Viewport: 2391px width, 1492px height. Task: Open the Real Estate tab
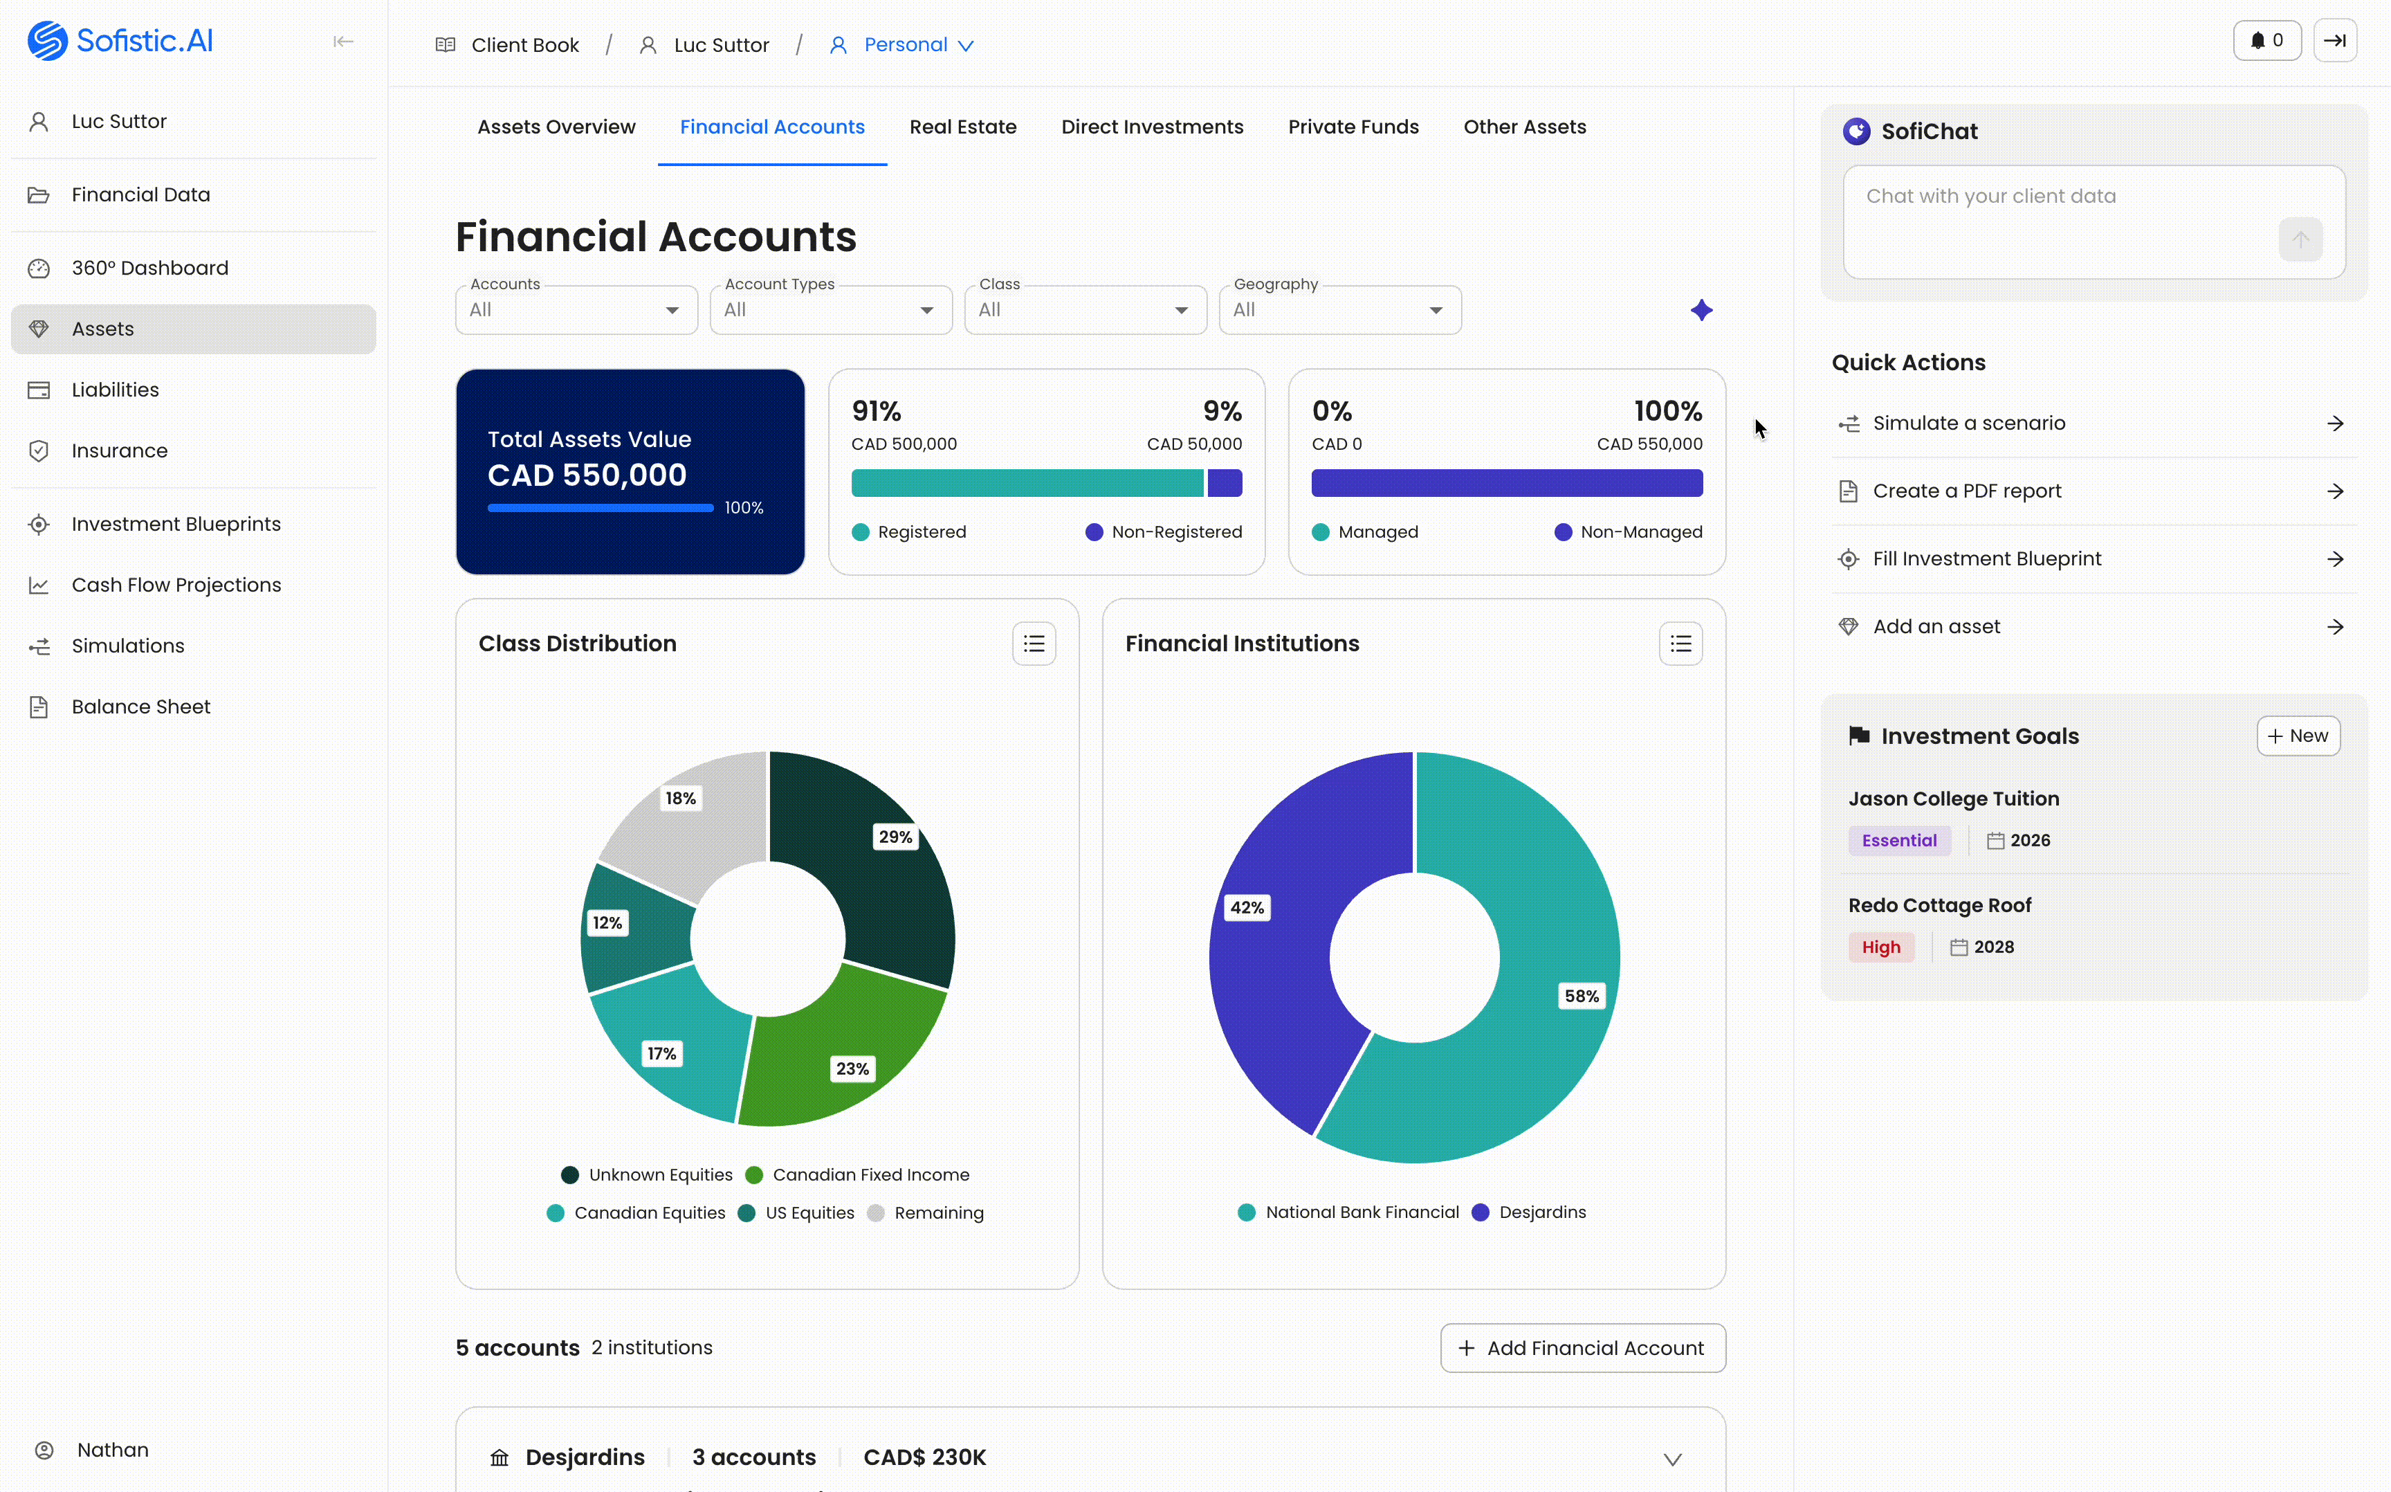point(963,127)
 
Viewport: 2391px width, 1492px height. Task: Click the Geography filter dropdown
point(1339,310)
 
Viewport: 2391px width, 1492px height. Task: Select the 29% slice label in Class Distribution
point(895,837)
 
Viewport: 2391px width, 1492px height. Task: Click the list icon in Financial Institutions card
point(1680,644)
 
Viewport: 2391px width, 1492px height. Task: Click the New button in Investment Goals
point(2298,736)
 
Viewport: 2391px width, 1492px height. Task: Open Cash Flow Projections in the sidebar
point(176,585)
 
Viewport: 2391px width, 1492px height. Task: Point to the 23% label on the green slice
point(852,1068)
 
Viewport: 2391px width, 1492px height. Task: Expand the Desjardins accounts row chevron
point(1672,1459)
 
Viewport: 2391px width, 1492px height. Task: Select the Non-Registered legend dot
point(1094,533)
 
